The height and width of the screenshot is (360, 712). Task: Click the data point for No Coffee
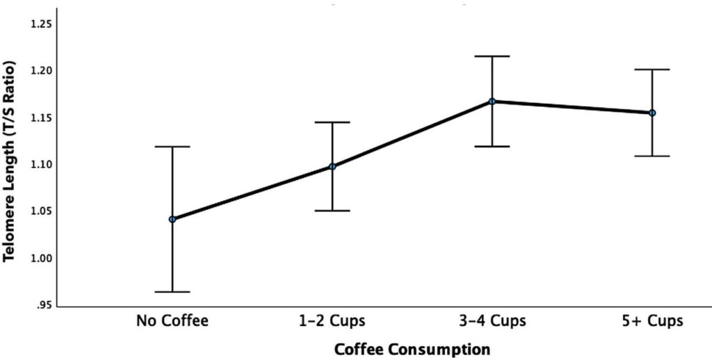point(172,220)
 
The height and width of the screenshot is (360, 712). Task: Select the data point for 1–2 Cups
point(332,166)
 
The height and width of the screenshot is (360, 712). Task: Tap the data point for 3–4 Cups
point(492,101)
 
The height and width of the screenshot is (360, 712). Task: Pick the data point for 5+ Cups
point(652,113)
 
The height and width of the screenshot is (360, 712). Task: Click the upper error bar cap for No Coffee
point(172,147)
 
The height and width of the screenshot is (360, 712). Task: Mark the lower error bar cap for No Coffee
point(172,292)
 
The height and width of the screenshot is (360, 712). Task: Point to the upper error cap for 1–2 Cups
point(332,122)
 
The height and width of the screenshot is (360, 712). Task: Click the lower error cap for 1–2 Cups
point(332,211)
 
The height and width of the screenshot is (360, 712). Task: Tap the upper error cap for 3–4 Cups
point(492,56)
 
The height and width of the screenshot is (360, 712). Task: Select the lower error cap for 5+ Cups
point(652,156)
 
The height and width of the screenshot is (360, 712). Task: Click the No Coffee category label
point(172,321)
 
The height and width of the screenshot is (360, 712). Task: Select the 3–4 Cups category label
point(492,321)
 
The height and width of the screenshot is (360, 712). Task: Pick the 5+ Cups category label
point(652,321)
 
